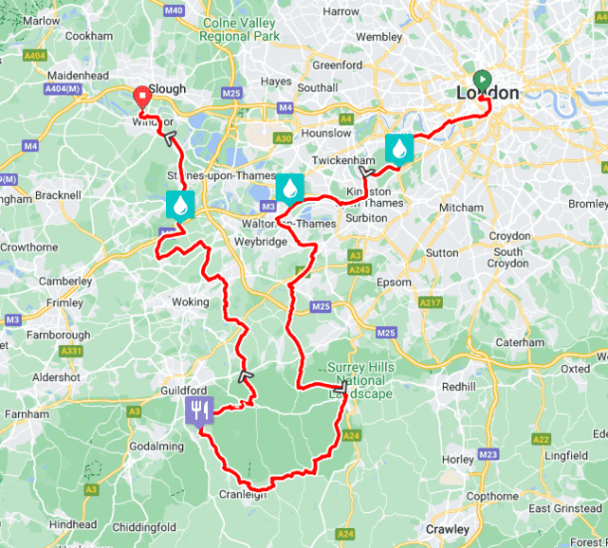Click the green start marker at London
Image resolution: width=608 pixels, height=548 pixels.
coord(481,79)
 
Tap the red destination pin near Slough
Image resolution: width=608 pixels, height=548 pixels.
coord(142,94)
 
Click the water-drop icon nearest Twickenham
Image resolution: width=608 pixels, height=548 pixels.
coord(399,148)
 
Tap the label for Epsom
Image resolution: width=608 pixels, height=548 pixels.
coord(394,282)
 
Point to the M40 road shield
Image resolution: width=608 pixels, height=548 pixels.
coord(199,10)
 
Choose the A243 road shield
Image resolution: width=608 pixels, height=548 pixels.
coord(359,270)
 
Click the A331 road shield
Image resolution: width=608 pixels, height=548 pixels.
coord(71,352)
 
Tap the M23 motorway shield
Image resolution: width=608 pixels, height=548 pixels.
coord(488,455)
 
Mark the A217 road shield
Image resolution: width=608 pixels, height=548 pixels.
coord(431,302)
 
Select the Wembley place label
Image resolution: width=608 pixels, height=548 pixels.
coord(378,37)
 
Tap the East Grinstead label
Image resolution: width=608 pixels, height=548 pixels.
coord(564,509)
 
